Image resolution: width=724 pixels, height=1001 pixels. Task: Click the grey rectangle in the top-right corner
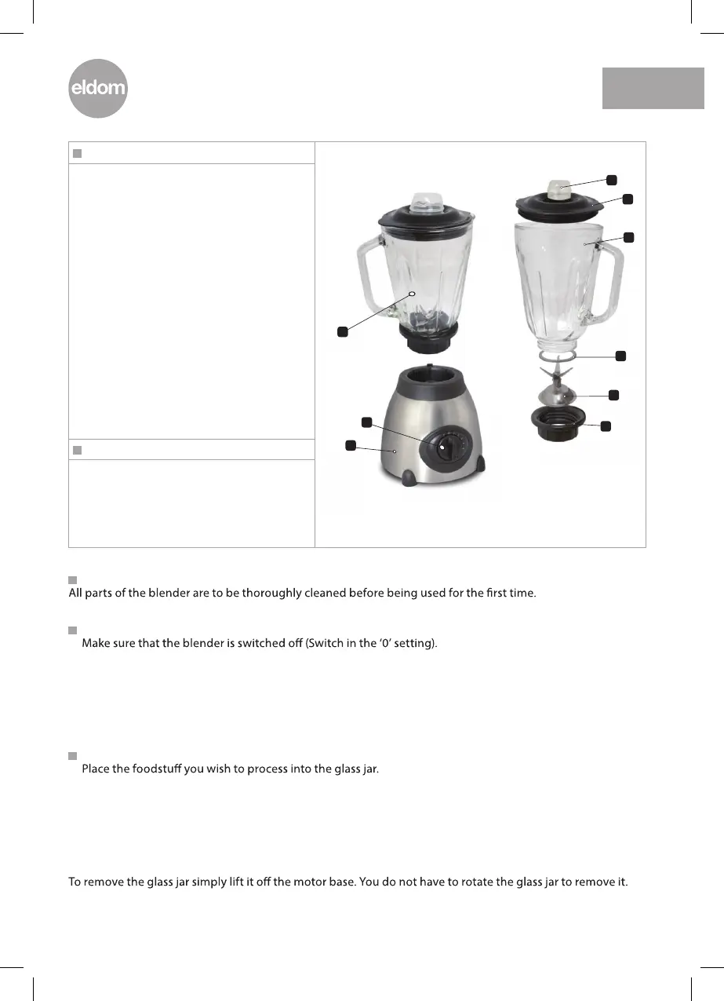[653, 88]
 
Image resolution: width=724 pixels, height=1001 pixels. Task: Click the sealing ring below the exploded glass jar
[558, 356]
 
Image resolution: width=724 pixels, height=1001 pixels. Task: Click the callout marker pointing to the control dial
[366, 424]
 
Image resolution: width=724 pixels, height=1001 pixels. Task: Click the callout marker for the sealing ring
[620, 356]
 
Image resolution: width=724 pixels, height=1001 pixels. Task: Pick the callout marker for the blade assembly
[613, 394]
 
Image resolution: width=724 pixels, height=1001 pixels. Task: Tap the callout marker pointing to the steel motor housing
[350, 446]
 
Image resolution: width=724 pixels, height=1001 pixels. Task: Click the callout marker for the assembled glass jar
[342, 331]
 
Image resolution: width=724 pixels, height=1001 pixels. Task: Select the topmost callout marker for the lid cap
[612, 180]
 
